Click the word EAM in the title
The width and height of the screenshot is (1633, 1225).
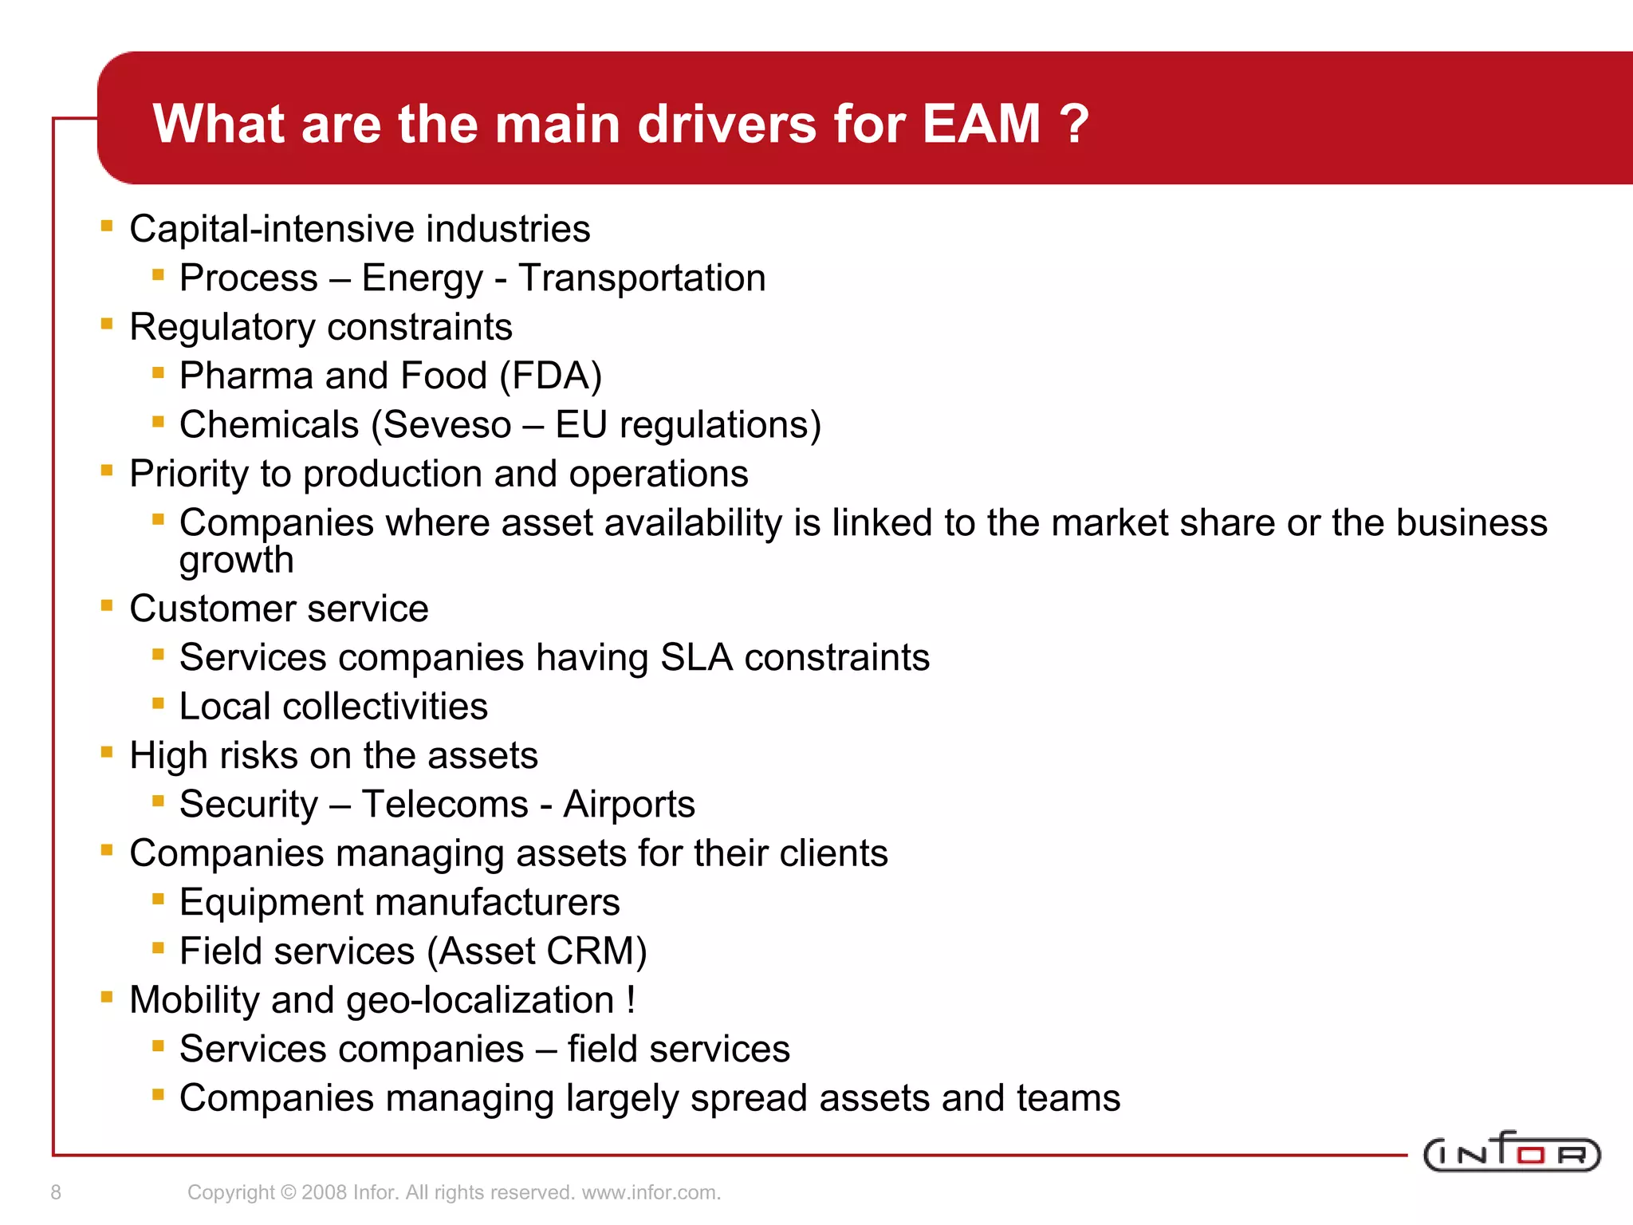click(x=981, y=124)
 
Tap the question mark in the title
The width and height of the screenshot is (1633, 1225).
click(x=1074, y=124)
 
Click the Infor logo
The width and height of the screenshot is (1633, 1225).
click(x=1511, y=1153)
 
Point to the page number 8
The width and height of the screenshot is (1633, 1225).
click(x=56, y=1192)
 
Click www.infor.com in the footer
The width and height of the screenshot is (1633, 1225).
click(x=651, y=1192)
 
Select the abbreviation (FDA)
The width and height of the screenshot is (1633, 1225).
click(x=550, y=376)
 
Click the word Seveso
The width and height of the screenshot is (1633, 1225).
click(x=447, y=425)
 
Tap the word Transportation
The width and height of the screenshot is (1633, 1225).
click(x=642, y=278)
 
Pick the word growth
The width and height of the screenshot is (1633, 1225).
click(x=236, y=561)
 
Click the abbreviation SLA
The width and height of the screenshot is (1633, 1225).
click(x=696, y=658)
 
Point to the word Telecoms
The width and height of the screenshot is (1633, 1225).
click(x=445, y=804)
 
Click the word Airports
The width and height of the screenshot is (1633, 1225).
click(x=628, y=804)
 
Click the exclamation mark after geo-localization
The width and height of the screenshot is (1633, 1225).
click(x=631, y=1000)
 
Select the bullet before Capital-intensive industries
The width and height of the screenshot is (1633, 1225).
click(x=107, y=226)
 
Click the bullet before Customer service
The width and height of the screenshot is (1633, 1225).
click(x=107, y=606)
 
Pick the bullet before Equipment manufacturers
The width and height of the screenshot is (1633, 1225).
click(x=158, y=900)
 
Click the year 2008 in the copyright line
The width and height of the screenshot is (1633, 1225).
click(x=324, y=1192)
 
